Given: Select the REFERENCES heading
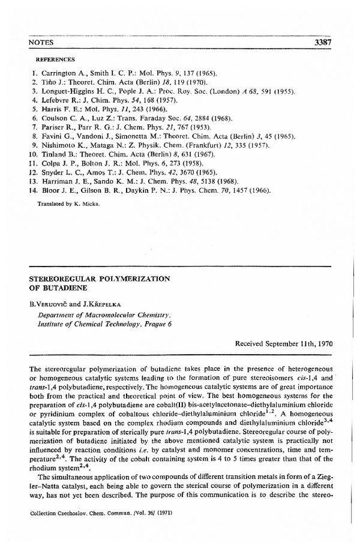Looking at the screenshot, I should pos(56,60).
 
